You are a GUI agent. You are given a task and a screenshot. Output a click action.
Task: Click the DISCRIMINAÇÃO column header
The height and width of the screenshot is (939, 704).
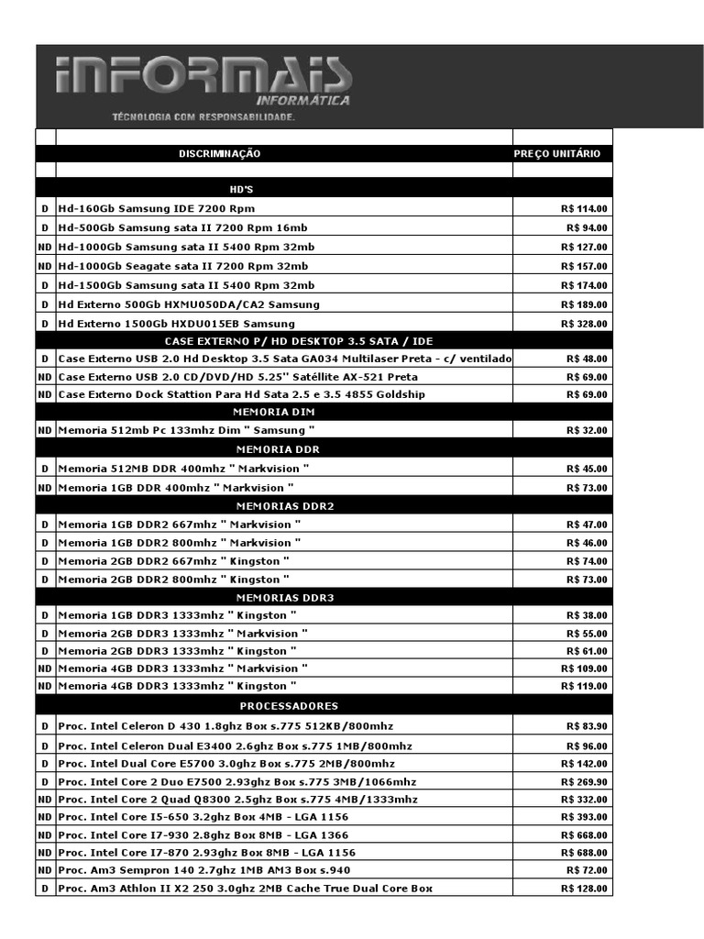pos(219,154)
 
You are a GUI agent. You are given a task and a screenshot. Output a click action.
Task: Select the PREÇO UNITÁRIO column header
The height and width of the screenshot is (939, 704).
pos(557,154)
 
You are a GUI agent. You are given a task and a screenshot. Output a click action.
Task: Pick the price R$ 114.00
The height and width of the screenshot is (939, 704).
pos(584,209)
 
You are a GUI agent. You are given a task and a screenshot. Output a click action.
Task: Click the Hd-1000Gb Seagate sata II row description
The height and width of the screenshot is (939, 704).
pos(185,266)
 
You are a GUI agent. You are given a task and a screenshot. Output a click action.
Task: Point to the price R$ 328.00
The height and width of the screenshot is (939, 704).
pos(584,324)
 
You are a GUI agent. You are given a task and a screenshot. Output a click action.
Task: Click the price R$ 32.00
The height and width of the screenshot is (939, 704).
pos(587,430)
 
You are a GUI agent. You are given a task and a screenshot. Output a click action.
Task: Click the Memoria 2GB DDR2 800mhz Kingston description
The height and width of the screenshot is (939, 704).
pos(173,580)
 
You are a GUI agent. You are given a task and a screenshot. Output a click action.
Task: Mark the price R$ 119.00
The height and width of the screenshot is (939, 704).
pos(584,686)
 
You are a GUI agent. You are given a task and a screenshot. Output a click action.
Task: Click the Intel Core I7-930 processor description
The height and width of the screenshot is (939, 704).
pos(203,835)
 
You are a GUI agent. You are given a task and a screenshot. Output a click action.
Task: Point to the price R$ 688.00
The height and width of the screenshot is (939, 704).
pos(584,853)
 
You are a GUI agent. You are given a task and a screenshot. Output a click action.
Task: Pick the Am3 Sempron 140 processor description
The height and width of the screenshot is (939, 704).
pos(203,870)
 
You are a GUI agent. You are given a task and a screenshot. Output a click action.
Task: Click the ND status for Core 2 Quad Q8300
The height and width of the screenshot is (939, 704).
pos(44,800)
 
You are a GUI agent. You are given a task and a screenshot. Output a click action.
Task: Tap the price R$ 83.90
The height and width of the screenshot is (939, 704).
pos(587,726)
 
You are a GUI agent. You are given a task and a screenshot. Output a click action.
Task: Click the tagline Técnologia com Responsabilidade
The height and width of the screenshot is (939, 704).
pos(203,117)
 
